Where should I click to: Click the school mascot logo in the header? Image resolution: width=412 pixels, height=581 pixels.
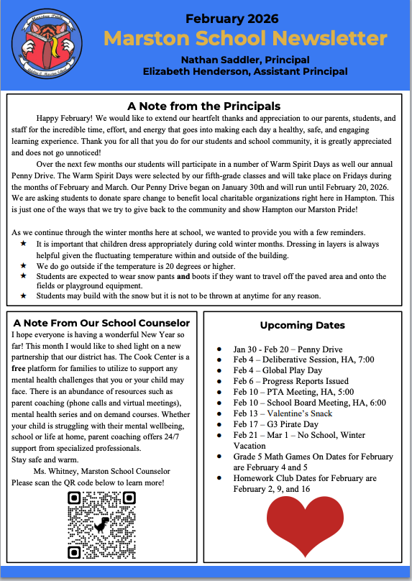click(48, 45)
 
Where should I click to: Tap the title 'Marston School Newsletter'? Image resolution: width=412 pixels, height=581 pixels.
click(245, 38)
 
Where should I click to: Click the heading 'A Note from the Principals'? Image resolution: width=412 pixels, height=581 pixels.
click(203, 106)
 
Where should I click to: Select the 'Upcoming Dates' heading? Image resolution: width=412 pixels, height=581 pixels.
click(302, 325)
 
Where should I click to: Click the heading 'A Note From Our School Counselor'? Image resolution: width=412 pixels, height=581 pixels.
click(101, 323)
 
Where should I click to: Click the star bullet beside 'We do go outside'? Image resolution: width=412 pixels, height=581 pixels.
click(24, 266)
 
